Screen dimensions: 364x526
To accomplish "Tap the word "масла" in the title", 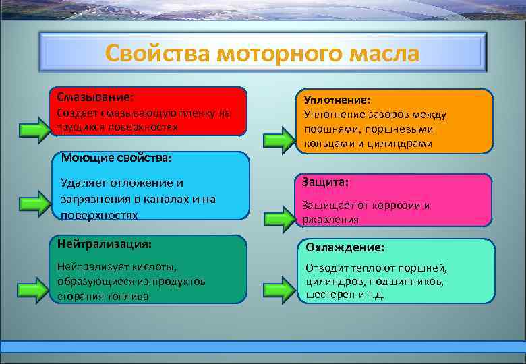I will (x=381, y=53).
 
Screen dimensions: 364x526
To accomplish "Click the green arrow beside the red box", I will (x=34, y=129).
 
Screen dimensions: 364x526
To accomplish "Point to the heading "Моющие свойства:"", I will (x=116, y=158).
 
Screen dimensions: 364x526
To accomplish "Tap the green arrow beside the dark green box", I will (x=34, y=287).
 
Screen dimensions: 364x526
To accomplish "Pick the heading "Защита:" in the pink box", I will (x=325, y=182).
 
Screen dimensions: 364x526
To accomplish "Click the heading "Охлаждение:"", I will (x=345, y=248).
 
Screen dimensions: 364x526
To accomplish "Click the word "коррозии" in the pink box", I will (x=403, y=206).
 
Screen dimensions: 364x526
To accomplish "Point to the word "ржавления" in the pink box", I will (x=330, y=220).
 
